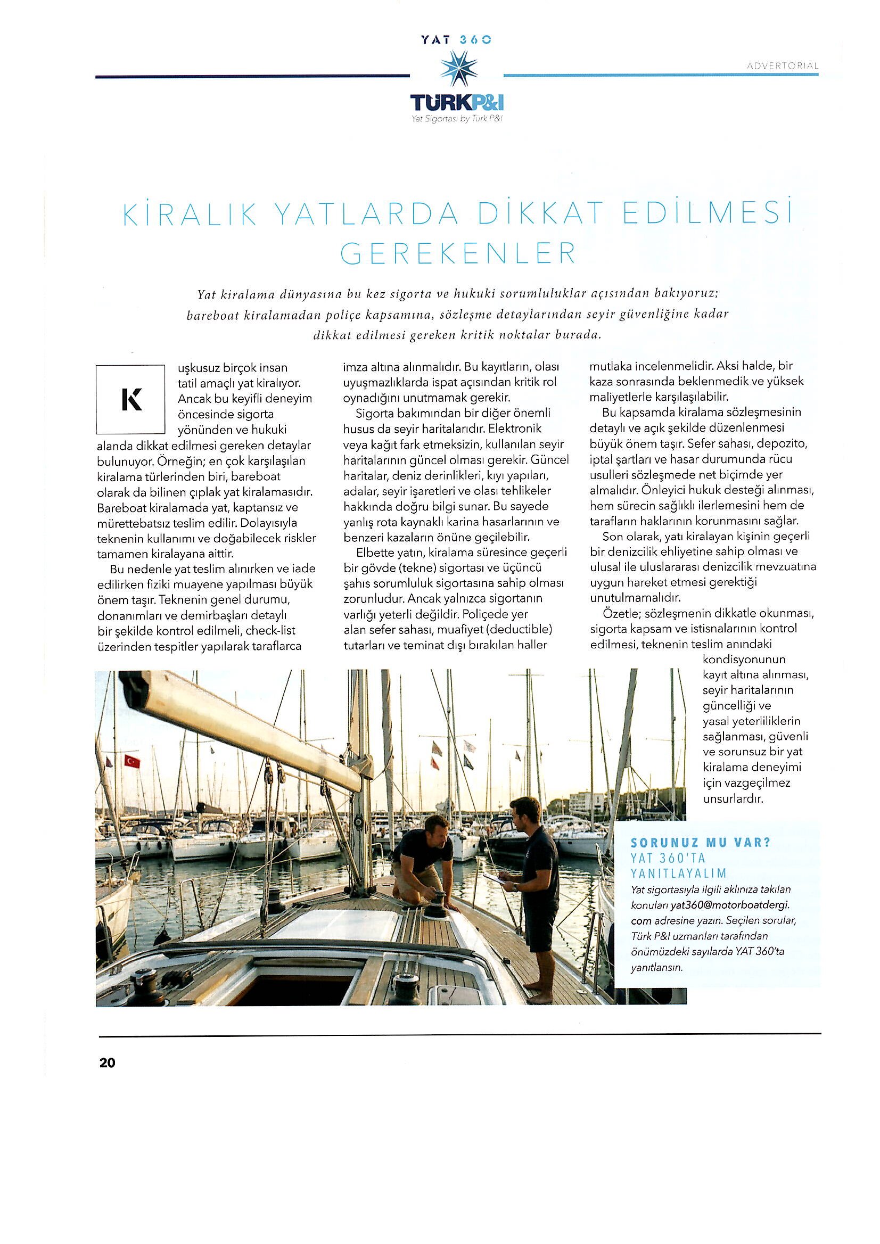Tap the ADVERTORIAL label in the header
pos(782,65)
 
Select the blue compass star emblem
pos(458,69)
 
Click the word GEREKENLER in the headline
pos(459,254)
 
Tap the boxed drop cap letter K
pos(130,399)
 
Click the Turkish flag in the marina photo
pos(132,761)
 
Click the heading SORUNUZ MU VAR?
pos(701,843)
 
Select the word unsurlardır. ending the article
pos(733,798)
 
